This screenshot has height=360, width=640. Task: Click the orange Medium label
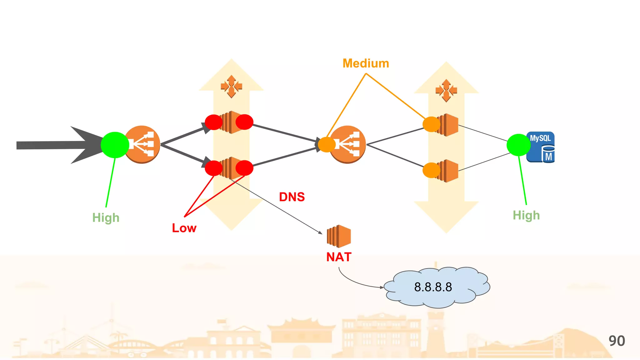[x=366, y=63]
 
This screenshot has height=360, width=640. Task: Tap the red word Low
[x=184, y=228]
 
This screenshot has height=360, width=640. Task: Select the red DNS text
[x=292, y=197]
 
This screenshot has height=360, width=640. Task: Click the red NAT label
[x=339, y=257]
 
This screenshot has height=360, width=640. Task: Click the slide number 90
[x=617, y=341]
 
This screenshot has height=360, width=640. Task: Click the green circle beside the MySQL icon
[x=518, y=145]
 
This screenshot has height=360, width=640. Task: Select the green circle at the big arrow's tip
[x=115, y=145]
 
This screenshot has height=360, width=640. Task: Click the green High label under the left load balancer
[x=106, y=217]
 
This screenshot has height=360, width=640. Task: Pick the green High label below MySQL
[x=526, y=215]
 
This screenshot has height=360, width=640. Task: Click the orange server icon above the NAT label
[x=339, y=236]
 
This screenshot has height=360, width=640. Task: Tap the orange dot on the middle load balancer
[x=327, y=145]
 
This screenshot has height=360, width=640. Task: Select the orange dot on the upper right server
[x=431, y=124]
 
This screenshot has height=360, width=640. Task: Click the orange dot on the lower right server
[x=431, y=170]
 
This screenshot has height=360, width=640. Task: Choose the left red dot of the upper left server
[x=213, y=122]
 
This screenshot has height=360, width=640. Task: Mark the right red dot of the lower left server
[x=244, y=168]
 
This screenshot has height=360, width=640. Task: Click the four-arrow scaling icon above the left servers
[x=231, y=86]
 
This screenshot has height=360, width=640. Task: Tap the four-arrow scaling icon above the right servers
[x=446, y=91]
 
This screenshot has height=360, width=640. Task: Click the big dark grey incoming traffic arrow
[x=56, y=145]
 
